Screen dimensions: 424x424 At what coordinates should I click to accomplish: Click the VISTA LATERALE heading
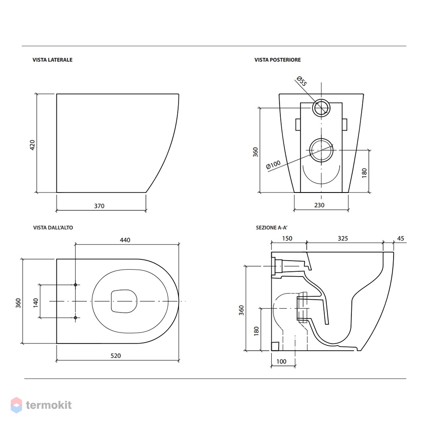click(53, 60)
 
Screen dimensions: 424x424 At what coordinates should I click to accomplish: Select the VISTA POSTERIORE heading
click(277, 60)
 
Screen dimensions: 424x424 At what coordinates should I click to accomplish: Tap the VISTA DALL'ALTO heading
click(53, 228)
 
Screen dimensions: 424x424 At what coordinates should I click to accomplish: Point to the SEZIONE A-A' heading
click(271, 228)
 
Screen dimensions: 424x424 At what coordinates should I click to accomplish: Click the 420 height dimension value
click(32, 145)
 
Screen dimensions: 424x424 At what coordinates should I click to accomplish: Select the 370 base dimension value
click(99, 206)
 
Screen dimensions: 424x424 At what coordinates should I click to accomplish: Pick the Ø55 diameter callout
click(301, 81)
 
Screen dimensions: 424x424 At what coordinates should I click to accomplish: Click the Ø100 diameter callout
click(273, 165)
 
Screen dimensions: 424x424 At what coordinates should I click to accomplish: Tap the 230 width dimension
click(319, 205)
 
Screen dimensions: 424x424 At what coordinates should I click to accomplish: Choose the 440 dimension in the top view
click(125, 240)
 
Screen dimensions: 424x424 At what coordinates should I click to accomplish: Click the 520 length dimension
click(116, 356)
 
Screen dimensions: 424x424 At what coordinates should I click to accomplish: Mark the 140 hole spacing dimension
click(36, 303)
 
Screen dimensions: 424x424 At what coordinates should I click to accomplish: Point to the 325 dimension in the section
click(343, 238)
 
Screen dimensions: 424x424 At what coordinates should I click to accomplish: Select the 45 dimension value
click(401, 238)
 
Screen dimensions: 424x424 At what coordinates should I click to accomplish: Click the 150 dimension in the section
click(287, 238)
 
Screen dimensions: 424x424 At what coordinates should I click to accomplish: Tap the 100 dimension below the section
click(281, 362)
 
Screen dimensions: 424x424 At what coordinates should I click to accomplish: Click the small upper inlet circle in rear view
click(321, 100)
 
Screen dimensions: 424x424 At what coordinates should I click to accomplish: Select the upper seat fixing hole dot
click(75, 285)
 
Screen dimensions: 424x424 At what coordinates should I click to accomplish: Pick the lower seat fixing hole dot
click(75, 318)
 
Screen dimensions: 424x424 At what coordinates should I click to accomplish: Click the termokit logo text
click(49, 405)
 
